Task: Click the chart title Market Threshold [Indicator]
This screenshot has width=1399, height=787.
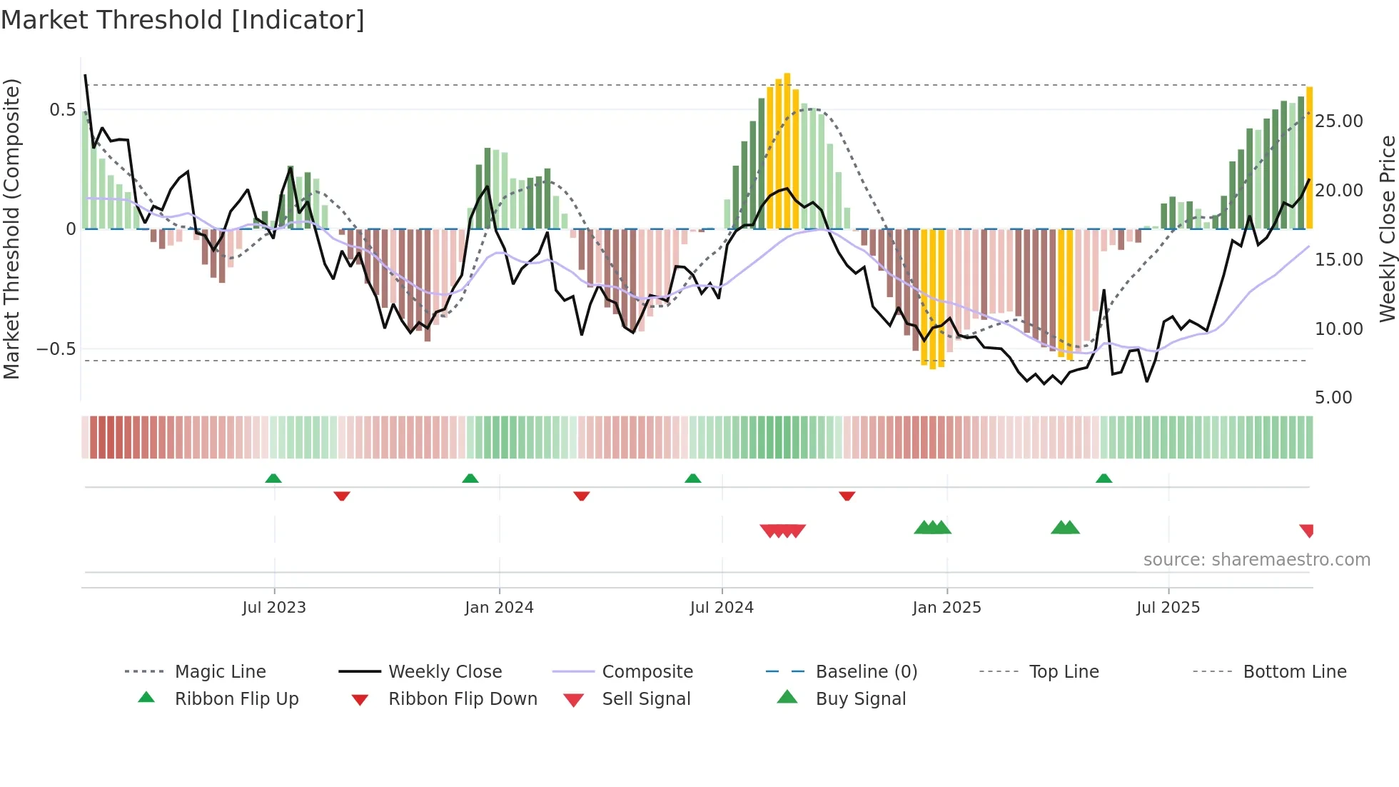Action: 183,20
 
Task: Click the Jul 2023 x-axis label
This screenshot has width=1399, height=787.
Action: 274,608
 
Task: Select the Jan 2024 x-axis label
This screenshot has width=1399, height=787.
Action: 499,608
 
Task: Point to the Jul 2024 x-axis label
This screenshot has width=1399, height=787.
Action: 722,608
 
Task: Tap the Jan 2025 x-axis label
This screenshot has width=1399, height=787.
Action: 946,608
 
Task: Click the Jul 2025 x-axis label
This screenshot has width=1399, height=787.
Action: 1168,608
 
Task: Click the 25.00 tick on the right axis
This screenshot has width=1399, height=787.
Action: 1338,121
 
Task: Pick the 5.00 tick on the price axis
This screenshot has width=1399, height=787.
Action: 1333,398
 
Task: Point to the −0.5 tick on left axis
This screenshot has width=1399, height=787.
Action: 56,349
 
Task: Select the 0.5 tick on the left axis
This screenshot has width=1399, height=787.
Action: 62,110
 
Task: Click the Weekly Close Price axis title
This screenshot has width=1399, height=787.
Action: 1387,229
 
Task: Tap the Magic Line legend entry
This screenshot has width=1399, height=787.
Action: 220,672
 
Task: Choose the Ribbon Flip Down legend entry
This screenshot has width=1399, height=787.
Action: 463,699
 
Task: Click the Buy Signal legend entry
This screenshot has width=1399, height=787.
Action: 860,699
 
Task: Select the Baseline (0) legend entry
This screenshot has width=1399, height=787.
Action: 866,672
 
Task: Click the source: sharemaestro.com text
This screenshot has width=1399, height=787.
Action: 1256,560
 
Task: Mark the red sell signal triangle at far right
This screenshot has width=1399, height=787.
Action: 1307,530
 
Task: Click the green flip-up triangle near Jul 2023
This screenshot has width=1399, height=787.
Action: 273,478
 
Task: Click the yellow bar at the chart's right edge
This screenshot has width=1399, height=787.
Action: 1309,157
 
